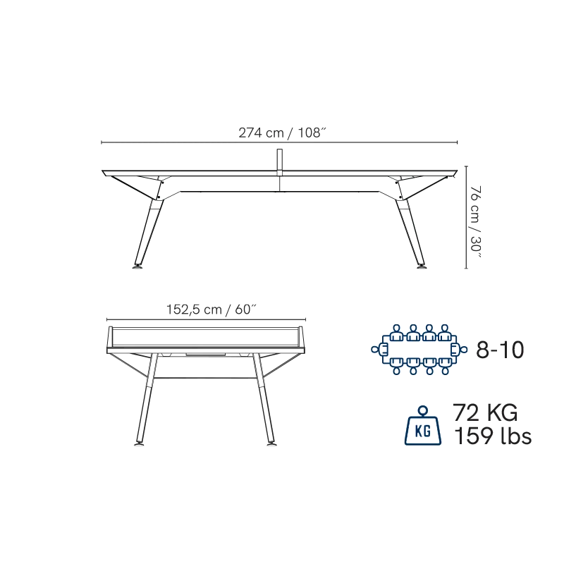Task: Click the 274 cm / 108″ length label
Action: (283, 133)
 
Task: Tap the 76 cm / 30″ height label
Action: (475, 222)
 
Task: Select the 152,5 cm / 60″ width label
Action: (211, 309)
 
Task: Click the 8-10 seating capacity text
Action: (500, 350)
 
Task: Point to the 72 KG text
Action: (485, 412)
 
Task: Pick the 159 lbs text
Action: (493, 436)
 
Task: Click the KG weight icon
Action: (423, 426)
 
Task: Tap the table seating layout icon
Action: (419, 350)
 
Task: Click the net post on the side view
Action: (279, 163)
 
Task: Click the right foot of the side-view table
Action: (421, 266)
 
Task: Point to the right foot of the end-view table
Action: (272, 445)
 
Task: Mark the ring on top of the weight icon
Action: (423, 411)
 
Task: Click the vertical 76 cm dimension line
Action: (467, 217)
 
